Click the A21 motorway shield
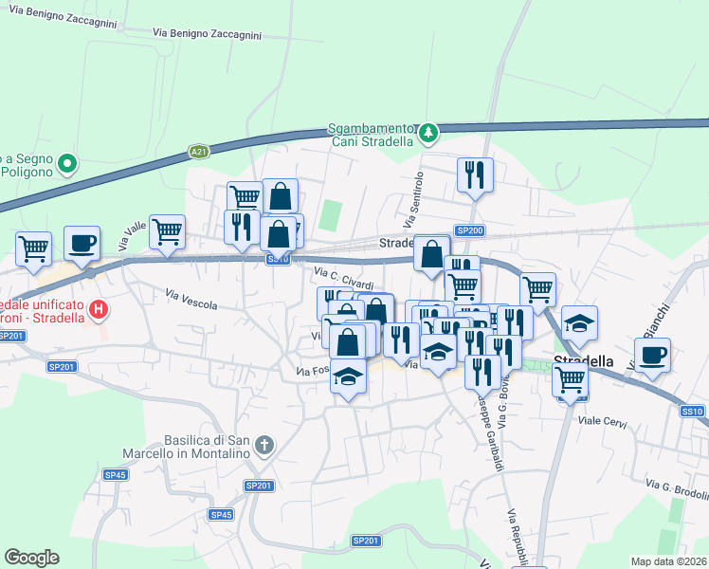(x=198, y=151)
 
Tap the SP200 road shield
(x=469, y=230)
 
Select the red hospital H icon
(x=97, y=308)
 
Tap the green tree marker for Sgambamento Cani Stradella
(x=428, y=133)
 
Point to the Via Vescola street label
(x=192, y=299)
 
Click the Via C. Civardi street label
(x=343, y=279)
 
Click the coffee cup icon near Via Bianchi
(x=652, y=357)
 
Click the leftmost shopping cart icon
(x=33, y=249)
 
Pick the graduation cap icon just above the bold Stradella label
(x=579, y=324)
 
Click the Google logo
(x=31, y=558)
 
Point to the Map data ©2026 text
(x=668, y=560)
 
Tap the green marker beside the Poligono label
(x=67, y=165)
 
